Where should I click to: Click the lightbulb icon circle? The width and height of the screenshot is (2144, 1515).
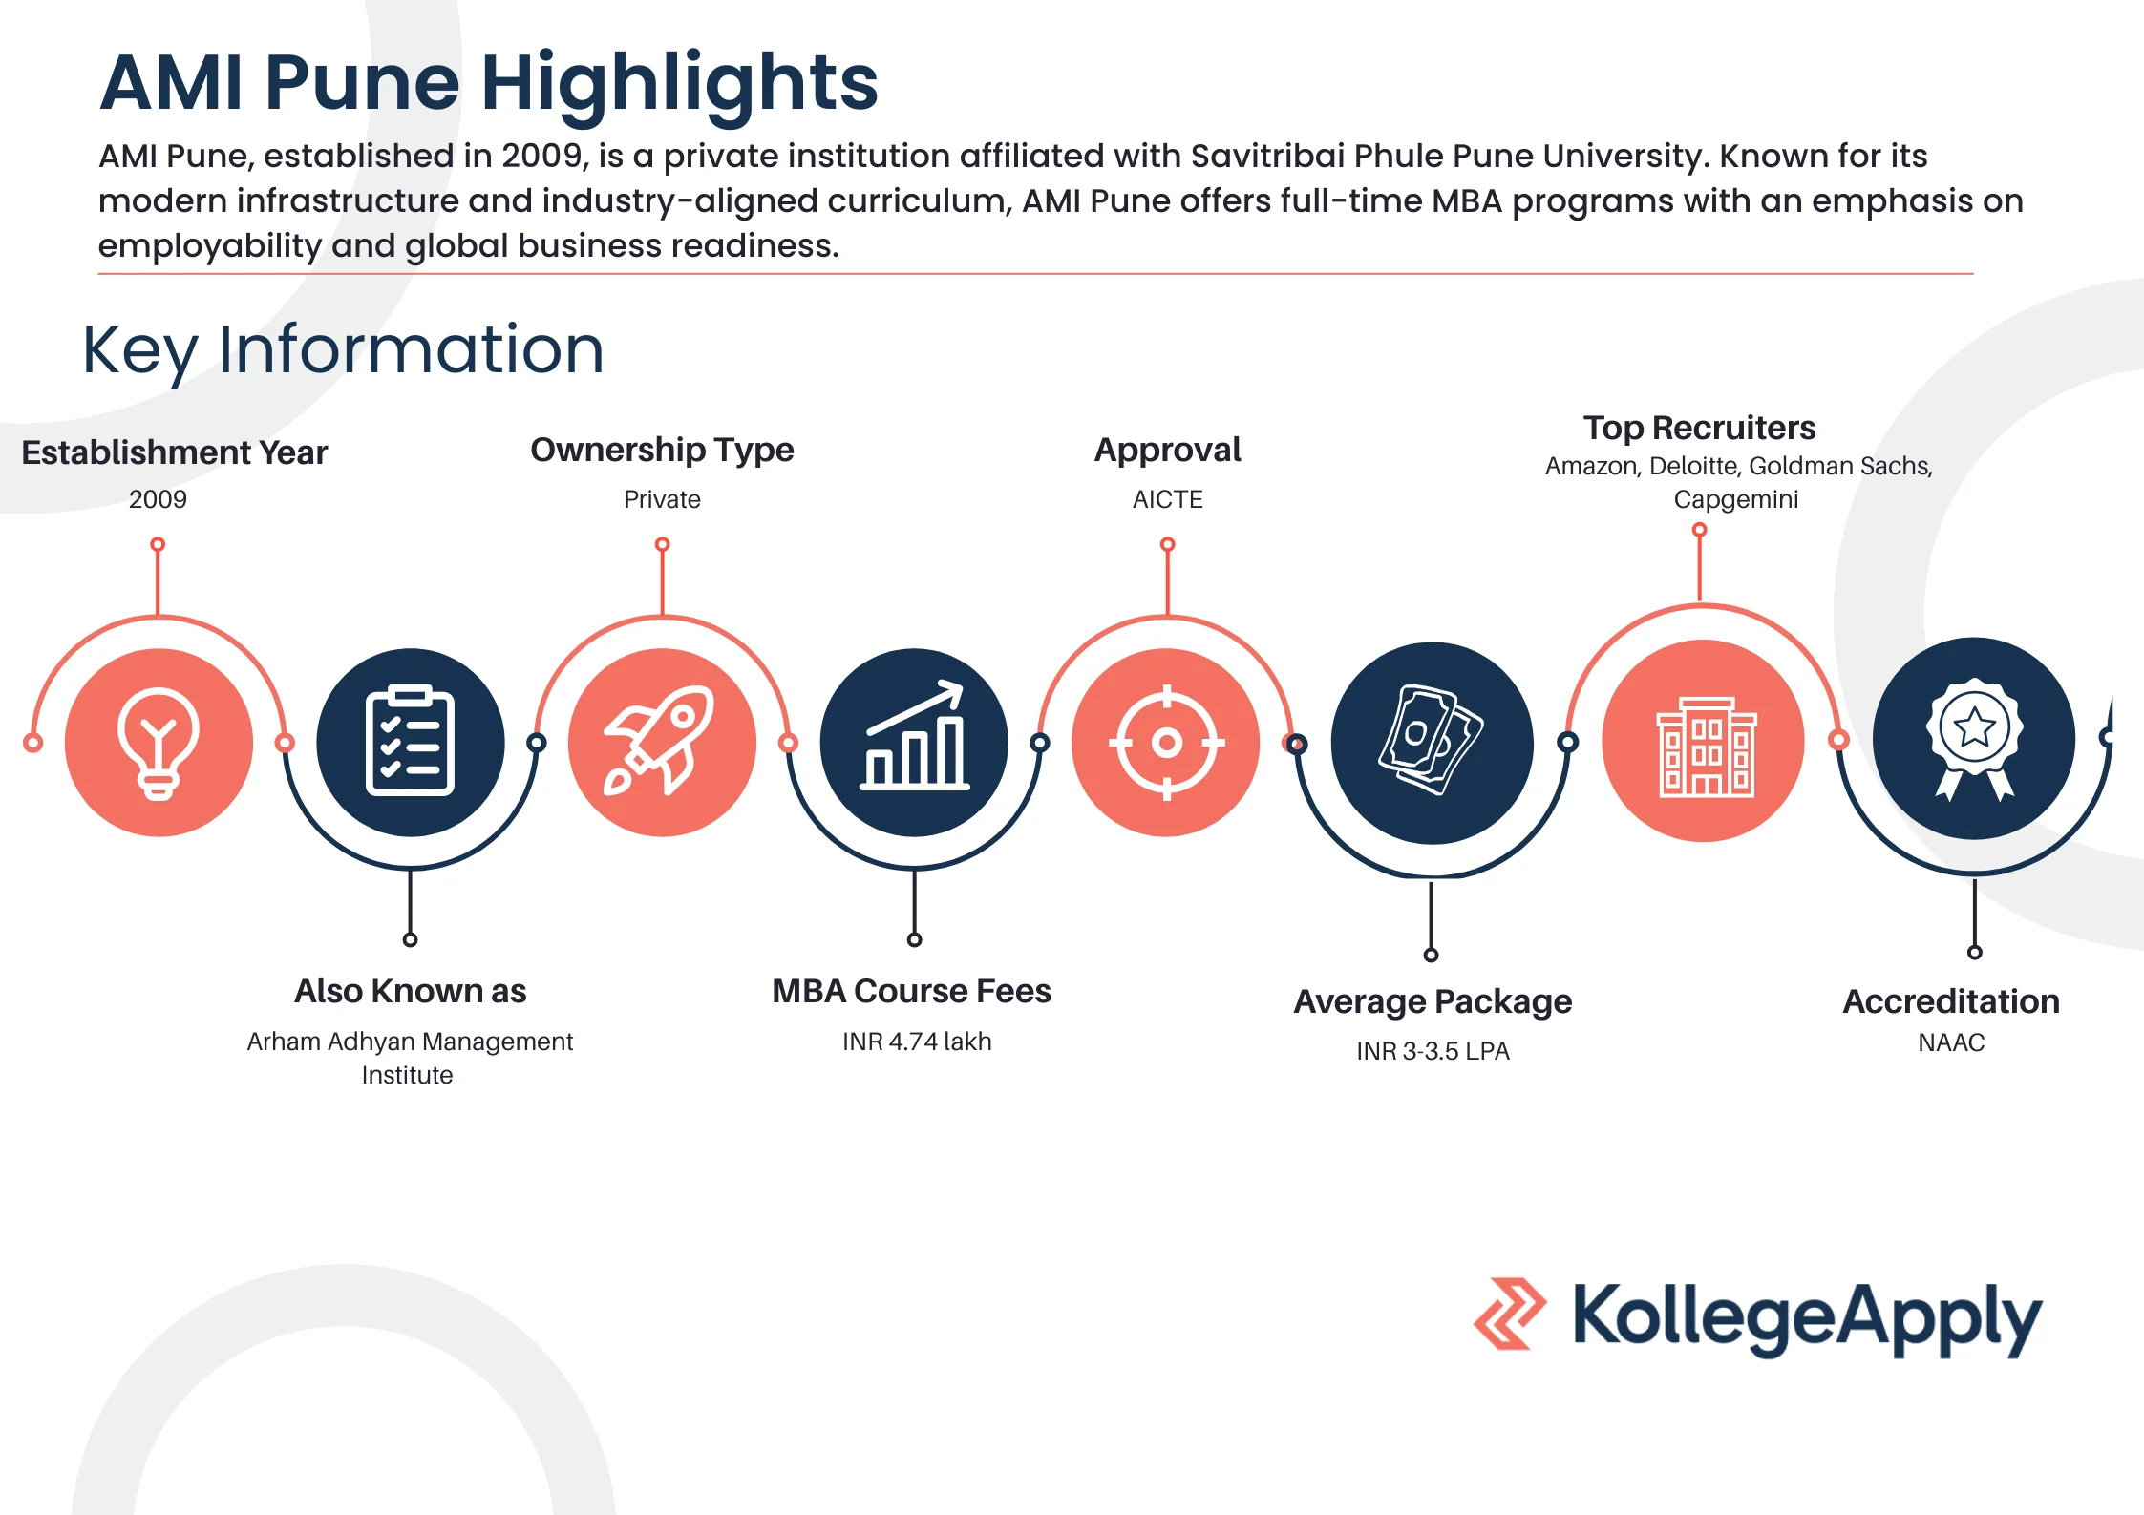(159, 742)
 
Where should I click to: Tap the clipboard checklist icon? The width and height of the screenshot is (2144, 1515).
(410, 742)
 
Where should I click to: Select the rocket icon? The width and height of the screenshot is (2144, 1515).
(661, 742)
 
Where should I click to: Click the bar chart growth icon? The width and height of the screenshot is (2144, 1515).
(914, 742)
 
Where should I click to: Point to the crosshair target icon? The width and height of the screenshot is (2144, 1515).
(1166, 742)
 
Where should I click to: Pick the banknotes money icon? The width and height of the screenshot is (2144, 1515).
(1431, 743)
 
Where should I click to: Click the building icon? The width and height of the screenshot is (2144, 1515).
(1703, 742)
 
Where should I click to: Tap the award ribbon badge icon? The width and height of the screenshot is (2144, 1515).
(1973, 739)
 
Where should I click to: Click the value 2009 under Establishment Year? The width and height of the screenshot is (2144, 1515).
(158, 499)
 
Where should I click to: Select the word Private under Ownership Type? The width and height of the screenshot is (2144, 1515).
(662, 499)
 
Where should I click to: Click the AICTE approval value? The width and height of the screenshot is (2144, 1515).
(1167, 499)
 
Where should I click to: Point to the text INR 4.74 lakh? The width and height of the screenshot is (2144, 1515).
(917, 1042)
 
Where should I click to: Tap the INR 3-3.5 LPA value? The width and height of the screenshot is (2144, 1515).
(1433, 1051)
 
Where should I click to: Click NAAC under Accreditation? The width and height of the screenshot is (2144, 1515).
(1951, 1042)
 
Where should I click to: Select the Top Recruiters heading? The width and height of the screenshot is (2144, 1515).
(1699, 428)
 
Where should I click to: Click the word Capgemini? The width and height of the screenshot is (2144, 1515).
(1735, 499)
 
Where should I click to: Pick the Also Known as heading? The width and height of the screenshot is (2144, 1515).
(410, 991)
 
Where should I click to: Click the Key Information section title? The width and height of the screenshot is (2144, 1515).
(343, 349)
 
